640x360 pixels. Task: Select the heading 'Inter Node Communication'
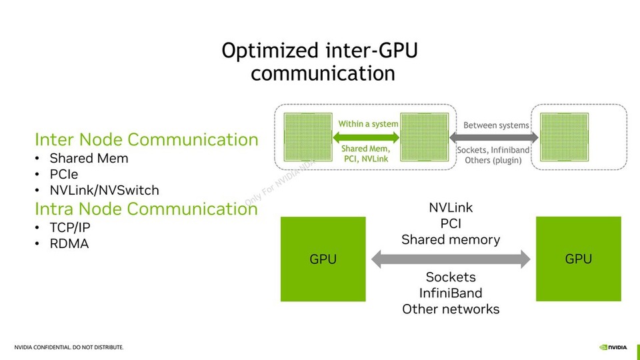146,139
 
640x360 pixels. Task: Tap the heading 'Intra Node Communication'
146,209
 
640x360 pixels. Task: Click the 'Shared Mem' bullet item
89,159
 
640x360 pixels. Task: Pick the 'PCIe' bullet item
64,175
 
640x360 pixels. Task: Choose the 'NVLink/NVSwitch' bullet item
104,191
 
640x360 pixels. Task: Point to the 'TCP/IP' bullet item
71,227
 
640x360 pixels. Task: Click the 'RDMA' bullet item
69,244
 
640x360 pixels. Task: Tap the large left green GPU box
323,259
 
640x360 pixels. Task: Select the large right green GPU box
578,259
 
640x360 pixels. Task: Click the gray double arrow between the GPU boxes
451,259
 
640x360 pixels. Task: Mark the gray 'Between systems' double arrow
494,137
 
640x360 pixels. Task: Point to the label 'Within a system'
368,124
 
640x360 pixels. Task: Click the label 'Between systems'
496,125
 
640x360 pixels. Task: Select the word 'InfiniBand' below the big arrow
451,293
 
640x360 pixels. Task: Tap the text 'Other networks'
451,309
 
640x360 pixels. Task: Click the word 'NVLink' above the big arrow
451,208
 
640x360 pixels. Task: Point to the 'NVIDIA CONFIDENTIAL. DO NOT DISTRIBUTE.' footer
69,347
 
